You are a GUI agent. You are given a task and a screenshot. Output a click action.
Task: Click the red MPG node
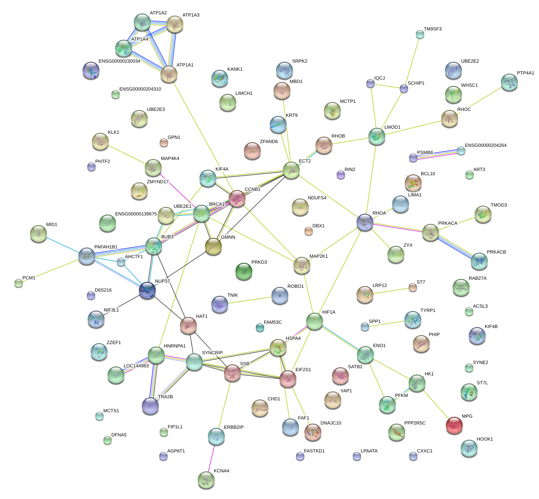[454, 425]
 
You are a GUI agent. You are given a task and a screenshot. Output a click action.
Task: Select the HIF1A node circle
[314, 321]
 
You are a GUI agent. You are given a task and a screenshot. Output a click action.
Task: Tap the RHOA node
[365, 222]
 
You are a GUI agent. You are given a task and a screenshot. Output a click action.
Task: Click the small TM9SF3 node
[420, 34]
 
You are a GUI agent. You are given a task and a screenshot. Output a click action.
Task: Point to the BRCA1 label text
[217, 204]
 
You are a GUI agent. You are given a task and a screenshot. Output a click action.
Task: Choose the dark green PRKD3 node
[243, 271]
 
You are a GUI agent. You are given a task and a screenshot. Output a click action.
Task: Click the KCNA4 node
[206, 480]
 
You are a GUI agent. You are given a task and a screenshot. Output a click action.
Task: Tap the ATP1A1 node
[169, 74]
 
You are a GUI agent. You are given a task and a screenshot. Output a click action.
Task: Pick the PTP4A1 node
[509, 82]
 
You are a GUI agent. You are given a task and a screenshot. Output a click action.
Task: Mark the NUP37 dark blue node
[147, 291]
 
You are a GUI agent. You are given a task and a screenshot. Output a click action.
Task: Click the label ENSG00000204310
[140, 89]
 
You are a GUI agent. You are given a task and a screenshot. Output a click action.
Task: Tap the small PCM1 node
[19, 283]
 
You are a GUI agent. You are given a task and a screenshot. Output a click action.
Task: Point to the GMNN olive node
[213, 246]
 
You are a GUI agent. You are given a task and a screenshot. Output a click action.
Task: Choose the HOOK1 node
[469, 448]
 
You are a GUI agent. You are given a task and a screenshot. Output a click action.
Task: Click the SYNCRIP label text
[212, 353]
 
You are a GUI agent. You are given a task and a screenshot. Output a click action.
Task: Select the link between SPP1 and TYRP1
[388, 323]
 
